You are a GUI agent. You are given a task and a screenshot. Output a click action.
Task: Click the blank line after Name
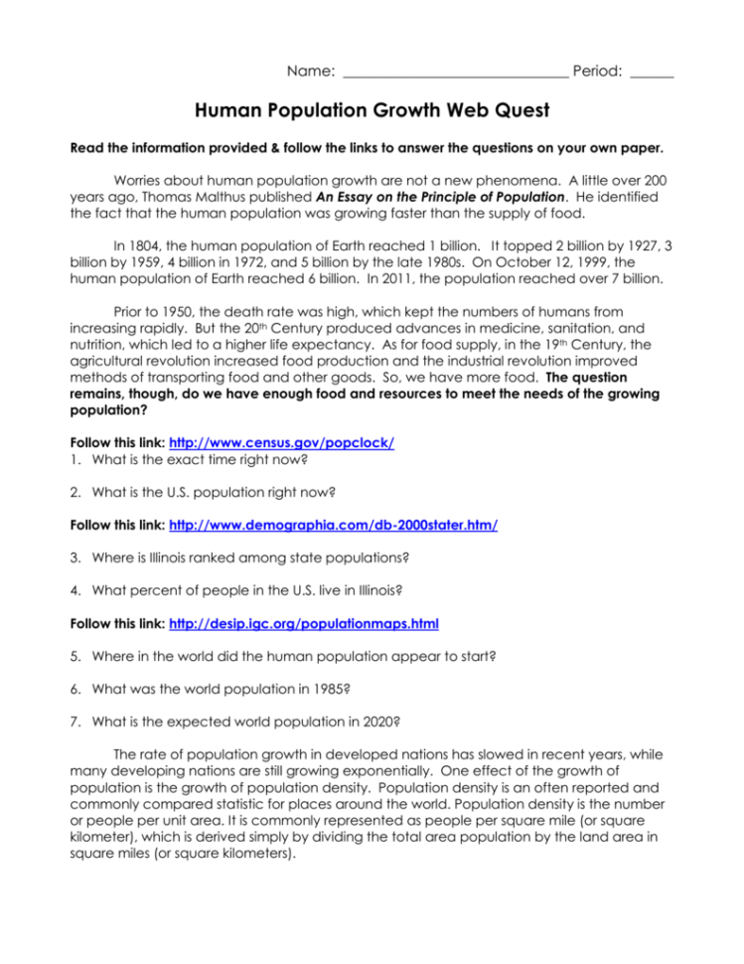[x=454, y=73]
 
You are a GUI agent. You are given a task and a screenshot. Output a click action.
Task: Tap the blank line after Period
[x=652, y=73]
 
